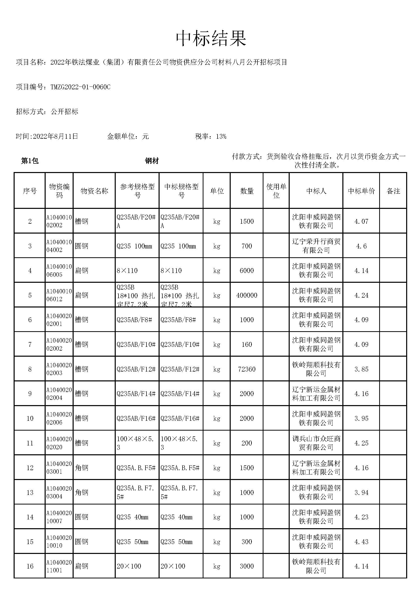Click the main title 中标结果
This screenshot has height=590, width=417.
point(211,39)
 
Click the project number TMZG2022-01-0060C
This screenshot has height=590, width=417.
point(80,87)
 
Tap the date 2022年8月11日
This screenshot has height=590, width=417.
point(55,136)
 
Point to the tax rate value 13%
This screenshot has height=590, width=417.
point(221,136)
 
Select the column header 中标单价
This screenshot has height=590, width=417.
point(361,191)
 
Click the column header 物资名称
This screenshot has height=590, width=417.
point(94,191)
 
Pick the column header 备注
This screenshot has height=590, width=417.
point(393,191)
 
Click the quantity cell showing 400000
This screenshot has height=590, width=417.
point(247,295)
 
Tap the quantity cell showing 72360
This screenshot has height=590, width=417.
point(247,369)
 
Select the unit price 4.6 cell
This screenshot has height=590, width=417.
point(361,246)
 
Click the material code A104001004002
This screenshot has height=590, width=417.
point(59,246)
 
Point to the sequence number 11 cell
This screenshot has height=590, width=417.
point(30,443)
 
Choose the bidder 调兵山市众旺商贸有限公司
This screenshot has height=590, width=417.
point(316,443)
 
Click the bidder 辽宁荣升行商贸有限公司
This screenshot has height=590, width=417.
point(316,246)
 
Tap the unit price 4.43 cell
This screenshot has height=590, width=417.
point(361,542)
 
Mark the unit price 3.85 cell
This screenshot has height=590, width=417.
point(361,369)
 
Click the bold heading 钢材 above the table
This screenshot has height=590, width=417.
point(152,161)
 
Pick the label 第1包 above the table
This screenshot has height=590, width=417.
point(30,161)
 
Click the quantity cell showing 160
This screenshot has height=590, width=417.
point(247,345)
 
